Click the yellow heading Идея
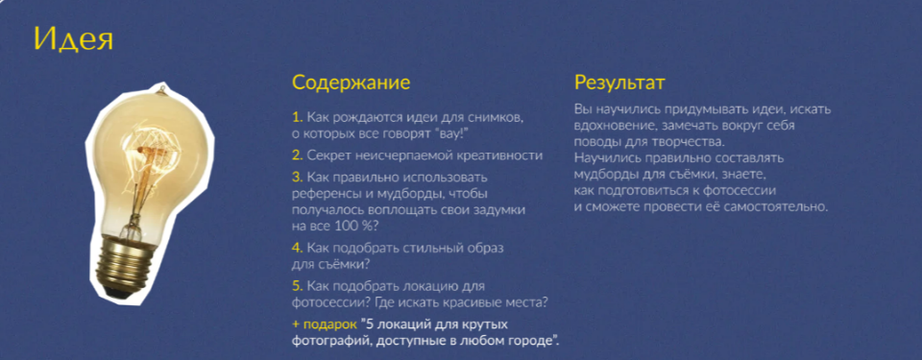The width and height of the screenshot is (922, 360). [x=74, y=39]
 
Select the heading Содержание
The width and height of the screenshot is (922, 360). [x=351, y=83]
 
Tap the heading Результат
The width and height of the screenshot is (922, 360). [x=619, y=83]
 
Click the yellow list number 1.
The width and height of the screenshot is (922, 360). [x=297, y=117]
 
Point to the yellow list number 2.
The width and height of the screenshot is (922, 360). [x=297, y=155]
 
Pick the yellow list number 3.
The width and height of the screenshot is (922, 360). [x=297, y=177]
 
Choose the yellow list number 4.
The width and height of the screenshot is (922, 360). [x=297, y=248]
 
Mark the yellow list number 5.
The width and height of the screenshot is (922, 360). [x=297, y=286]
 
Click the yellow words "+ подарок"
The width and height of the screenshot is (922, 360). [x=324, y=324]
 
